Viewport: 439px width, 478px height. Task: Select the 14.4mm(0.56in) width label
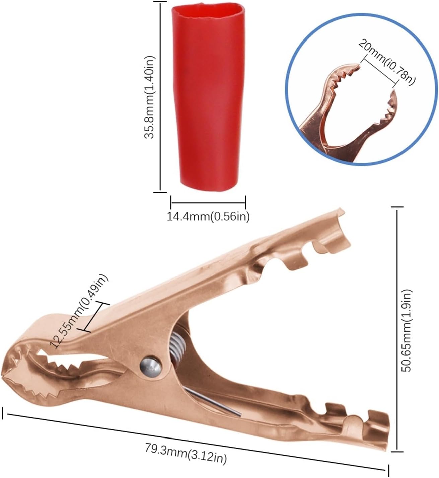click(x=208, y=217)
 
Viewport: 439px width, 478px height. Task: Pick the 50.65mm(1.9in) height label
click(x=407, y=330)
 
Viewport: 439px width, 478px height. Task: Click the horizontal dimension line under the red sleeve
click(x=208, y=202)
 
